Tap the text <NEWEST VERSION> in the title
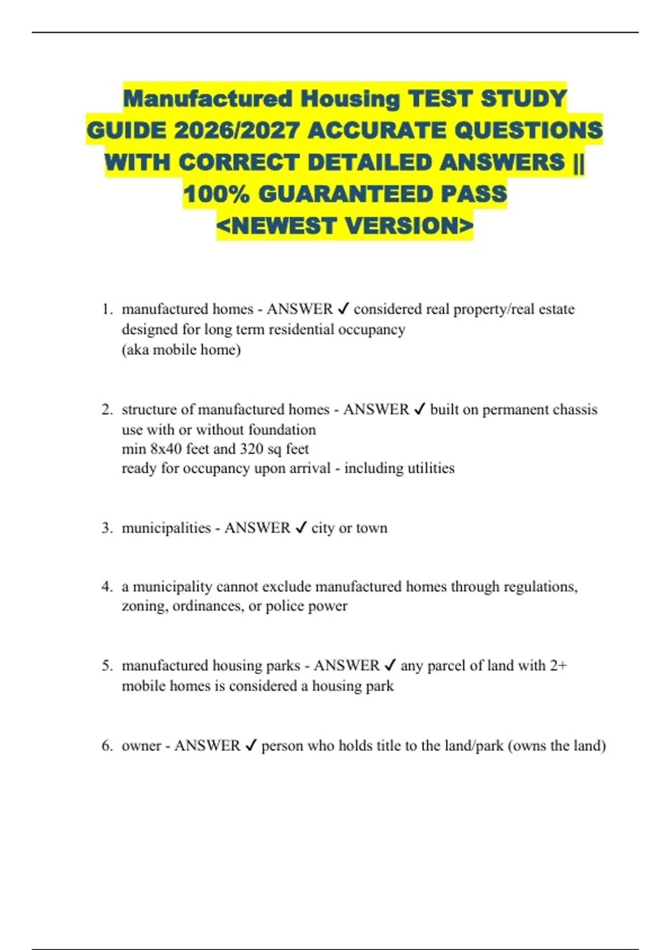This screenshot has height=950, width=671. pyautogui.click(x=345, y=226)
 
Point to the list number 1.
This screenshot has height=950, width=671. pyautogui.click(x=107, y=309)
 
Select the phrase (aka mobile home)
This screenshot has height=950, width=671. pyautogui.click(x=181, y=350)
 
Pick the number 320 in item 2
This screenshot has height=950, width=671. pyautogui.click(x=251, y=449)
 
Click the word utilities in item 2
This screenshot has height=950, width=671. pyautogui.click(x=427, y=468)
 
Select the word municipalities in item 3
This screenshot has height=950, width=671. pyautogui.click(x=166, y=528)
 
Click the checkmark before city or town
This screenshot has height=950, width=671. pyautogui.click(x=301, y=528)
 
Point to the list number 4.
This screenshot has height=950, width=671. pyautogui.click(x=107, y=587)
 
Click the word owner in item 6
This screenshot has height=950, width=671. pyautogui.click(x=141, y=745)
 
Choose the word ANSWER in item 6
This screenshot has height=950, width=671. pyautogui.click(x=207, y=745)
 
